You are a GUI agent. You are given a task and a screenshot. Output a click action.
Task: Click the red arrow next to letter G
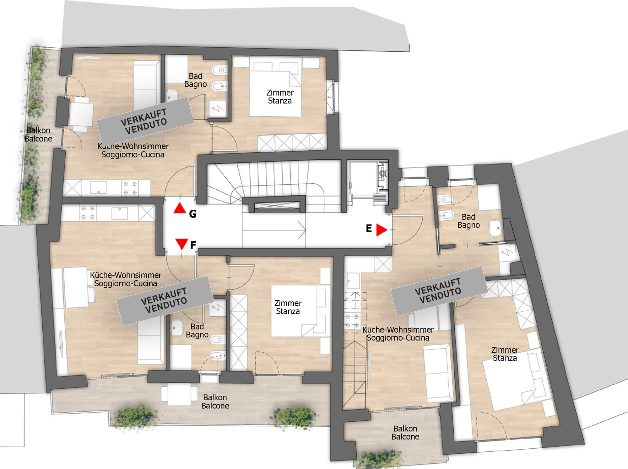[180, 208]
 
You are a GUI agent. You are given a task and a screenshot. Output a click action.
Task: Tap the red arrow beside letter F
[181, 244]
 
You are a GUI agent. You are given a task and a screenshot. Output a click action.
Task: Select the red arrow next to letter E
[382, 230]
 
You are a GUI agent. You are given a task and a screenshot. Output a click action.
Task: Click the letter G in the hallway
[193, 214]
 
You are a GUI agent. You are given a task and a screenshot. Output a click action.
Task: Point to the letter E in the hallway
[369, 228]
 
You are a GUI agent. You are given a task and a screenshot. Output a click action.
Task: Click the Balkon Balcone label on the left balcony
[38, 134]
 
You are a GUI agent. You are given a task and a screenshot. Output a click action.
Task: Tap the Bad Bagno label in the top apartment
[195, 80]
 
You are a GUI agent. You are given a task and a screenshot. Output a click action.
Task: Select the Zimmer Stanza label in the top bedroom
[280, 97]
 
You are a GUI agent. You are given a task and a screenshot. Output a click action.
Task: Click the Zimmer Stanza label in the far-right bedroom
[505, 354]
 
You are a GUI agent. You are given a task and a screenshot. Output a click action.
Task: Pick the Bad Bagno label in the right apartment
[468, 221]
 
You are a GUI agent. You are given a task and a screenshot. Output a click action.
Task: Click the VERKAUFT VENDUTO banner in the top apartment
[145, 121]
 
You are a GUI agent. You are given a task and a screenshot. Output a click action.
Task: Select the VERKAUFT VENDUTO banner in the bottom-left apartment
[165, 300]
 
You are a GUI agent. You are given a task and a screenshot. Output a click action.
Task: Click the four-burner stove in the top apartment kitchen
[130, 188]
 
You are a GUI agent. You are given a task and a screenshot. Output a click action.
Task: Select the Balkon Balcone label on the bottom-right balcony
[405, 433]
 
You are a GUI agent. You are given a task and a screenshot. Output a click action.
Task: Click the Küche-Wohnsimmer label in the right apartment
[398, 330]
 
